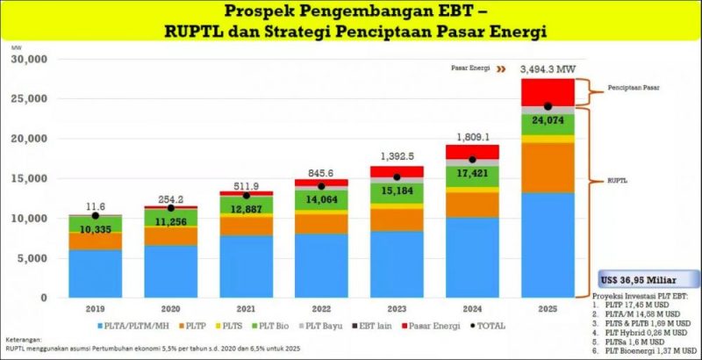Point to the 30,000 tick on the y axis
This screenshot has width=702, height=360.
click(x=29, y=59)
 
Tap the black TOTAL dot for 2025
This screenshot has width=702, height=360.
click(x=548, y=106)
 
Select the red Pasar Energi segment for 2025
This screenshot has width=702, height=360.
click(x=548, y=90)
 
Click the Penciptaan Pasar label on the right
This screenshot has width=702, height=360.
click(x=634, y=89)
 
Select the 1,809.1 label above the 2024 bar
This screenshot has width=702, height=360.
click(x=471, y=136)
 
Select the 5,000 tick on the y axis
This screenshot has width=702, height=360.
click(x=33, y=257)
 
